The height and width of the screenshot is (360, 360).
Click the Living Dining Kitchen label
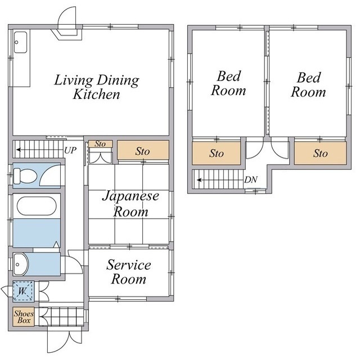pyautogui.click(x=97, y=87)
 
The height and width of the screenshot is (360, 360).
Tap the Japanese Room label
pyautogui.click(x=130, y=204)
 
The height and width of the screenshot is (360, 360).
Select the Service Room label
pyautogui.click(x=129, y=272)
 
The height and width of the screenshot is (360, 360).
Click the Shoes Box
pyautogui.click(x=24, y=317)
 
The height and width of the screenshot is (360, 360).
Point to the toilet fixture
pyautogui.click(x=25, y=176)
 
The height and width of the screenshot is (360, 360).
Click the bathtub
pyautogui.click(x=37, y=206)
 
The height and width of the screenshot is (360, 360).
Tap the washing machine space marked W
pyautogui.click(x=23, y=291)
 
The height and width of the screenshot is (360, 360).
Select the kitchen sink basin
pyautogui.click(x=20, y=42)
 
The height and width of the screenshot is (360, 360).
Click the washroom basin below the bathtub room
pyautogui.click(x=20, y=264)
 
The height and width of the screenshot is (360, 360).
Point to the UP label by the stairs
pyautogui.click(x=70, y=150)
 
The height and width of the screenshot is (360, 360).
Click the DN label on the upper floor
pyautogui.click(x=251, y=179)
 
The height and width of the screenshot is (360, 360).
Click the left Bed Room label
pyautogui.click(x=228, y=83)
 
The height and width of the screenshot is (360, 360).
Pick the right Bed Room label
pyautogui.click(x=308, y=84)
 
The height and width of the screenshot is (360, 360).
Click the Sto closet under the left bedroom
pyautogui.click(x=216, y=154)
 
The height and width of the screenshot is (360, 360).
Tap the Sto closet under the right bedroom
pyautogui.click(x=320, y=154)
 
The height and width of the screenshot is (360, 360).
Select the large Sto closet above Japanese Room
pyautogui.click(x=143, y=150)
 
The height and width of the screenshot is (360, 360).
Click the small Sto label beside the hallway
pyautogui.click(x=100, y=144)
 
